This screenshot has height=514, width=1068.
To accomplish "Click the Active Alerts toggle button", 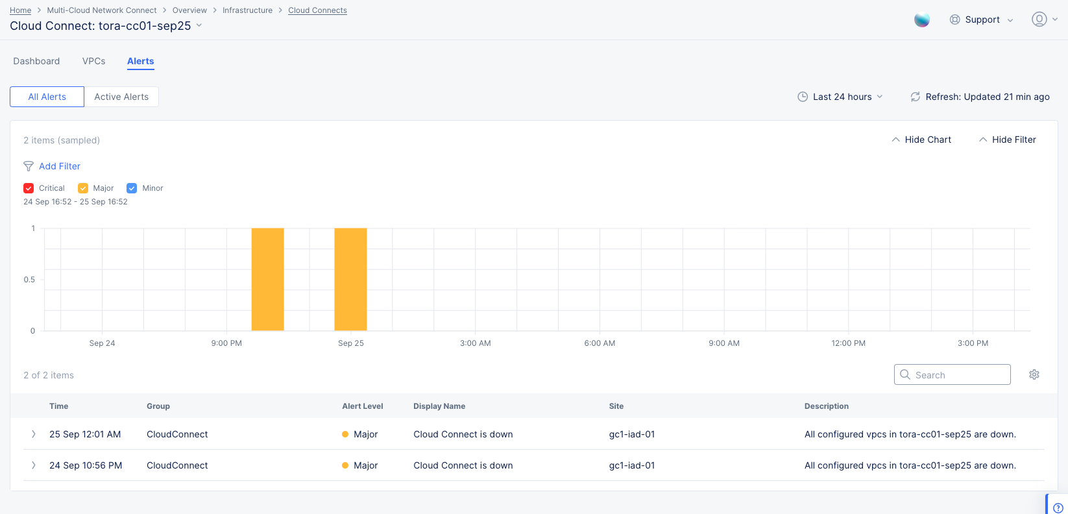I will point(121,97).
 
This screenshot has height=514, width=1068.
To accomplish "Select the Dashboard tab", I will point(36,61).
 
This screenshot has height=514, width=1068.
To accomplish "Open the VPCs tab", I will point(93,61).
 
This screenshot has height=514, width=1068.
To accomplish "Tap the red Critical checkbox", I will point(29,188).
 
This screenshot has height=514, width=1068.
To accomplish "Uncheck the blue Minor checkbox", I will point(132,188).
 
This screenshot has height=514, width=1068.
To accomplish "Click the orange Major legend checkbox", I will point(83,188).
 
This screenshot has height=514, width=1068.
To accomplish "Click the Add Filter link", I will point(59,166).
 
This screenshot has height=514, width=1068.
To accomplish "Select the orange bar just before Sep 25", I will point(350,279).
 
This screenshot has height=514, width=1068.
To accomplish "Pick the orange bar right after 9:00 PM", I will point(267,279).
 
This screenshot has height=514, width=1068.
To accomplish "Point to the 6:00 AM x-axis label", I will point(600,343).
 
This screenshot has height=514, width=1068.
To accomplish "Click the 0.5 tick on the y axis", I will point(29,280).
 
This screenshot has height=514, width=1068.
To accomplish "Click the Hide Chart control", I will point(921,140).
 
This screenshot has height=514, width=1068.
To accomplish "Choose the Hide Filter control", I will point(1008,140).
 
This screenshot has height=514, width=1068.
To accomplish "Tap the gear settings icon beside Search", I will point(1034,374).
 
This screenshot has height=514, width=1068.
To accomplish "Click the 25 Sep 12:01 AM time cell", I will point(85,434).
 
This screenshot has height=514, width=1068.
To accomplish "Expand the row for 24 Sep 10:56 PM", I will point(34,465).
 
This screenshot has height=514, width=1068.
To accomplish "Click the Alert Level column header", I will point(362,406).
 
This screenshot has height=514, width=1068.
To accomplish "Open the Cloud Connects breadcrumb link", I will point(317,10).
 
